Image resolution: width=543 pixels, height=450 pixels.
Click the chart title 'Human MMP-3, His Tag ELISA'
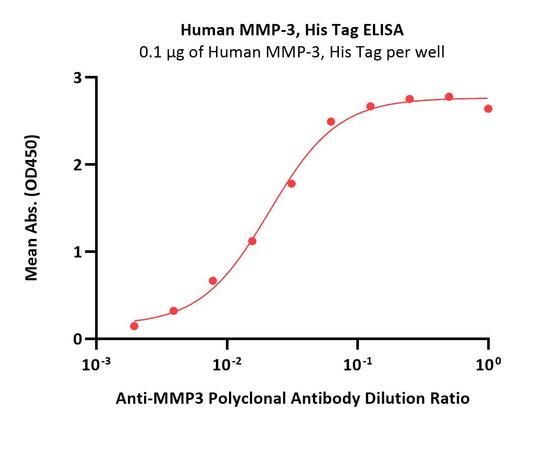pos(292,30)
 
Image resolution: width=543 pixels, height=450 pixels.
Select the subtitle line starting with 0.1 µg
pos(292,52)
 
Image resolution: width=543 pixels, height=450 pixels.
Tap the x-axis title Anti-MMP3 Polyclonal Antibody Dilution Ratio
pos(292,398)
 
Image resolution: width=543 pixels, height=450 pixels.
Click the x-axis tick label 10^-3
pos(96,364)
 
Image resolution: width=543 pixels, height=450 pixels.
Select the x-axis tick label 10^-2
pos(227,364)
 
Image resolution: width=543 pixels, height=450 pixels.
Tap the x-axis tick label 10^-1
pos(357,364)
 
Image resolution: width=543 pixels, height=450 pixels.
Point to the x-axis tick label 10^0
pos(488,364)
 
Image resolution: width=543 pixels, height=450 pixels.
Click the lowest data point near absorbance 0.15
pos(134,326)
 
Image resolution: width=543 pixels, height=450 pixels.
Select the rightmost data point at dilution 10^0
pos(488,109)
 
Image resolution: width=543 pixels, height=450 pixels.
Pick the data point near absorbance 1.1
pos(252,241)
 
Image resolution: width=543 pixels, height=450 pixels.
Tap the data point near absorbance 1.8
pos(291,184)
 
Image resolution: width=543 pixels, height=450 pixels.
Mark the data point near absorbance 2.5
pos(331,122)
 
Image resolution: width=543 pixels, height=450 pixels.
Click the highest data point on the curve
pos(449,97)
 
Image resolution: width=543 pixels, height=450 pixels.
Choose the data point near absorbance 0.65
pos(213,281)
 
